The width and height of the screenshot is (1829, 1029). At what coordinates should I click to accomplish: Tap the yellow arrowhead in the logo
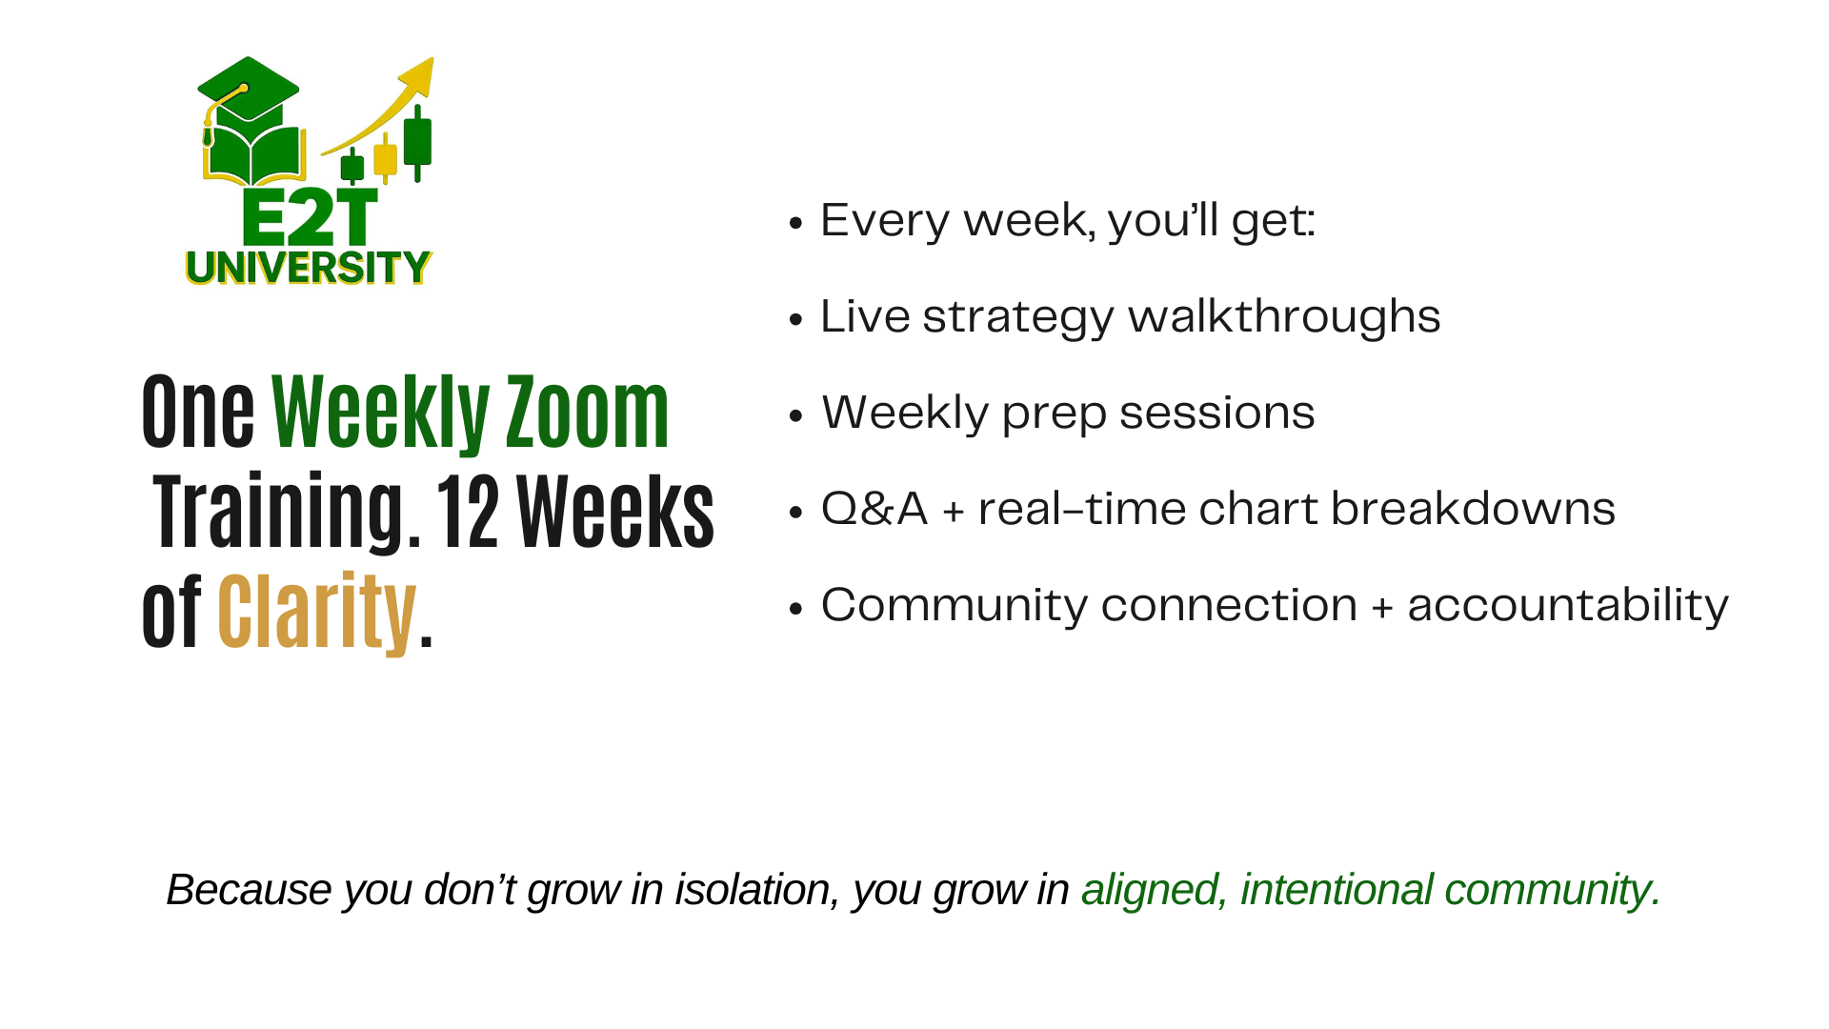pos(419,76)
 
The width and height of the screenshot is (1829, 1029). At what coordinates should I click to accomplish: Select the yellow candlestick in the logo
pos(385,158)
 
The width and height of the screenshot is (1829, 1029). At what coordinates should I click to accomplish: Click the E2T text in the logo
pos(310,217)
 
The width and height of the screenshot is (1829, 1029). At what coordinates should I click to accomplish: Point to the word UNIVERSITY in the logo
pos(309,268)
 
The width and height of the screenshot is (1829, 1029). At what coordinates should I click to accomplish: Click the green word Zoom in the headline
pos(587,412)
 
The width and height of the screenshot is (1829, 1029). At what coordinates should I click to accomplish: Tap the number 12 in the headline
pos(467,513)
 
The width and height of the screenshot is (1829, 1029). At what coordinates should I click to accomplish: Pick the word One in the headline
pos(198,412)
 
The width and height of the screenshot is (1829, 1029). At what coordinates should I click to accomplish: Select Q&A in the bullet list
pos(874,508)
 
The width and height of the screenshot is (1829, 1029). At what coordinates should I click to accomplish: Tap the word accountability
pos(1568,605)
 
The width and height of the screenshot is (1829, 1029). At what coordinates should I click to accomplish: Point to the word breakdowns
pos(1473,508)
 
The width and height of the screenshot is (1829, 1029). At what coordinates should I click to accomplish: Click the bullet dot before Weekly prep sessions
pos(797,415)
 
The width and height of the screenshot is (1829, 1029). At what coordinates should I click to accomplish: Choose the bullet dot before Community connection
pos(797,608)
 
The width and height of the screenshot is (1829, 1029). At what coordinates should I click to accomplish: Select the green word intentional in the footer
pos(1337,890)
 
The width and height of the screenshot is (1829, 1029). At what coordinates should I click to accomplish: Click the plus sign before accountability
pos(1382,608)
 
